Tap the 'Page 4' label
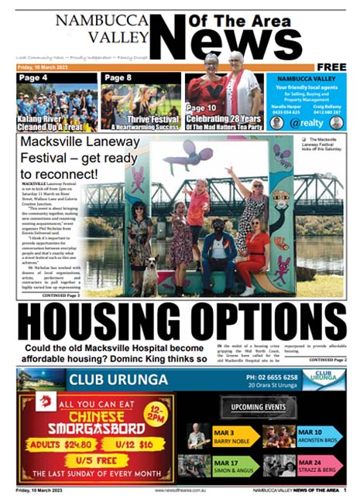[33, 78]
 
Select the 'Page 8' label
[118, 78]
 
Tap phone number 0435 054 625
[286, 111]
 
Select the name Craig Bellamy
[330, 105]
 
